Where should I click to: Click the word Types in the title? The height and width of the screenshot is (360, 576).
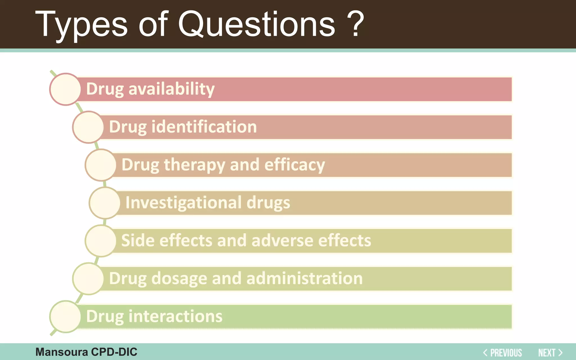[x=81, y=25]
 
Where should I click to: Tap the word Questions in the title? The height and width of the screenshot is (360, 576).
[x=256, y=25]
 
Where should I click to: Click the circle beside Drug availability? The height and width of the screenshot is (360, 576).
[x=66, y=89]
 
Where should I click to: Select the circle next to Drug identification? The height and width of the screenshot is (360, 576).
[x=88, y=127]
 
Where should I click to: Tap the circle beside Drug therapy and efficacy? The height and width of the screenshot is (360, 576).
[x=101, y=165]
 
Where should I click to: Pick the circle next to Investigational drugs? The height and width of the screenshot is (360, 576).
[x=105, y=203]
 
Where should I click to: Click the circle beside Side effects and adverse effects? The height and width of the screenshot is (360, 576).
[x=101, y=241]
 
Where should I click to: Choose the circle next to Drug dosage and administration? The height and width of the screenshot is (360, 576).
[x=88, y=278]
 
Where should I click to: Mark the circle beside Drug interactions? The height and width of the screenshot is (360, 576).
[x=66, y=316]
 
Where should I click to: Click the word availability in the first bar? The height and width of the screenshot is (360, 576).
[x=171, y=89]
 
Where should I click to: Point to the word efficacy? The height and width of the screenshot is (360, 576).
[x=294, y=165]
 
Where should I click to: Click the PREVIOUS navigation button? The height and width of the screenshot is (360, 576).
[x=503, y=353]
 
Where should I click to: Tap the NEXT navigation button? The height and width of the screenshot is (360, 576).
[x=550, y=353]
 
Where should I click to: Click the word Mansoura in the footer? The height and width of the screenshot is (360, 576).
[x=62, y=352]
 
